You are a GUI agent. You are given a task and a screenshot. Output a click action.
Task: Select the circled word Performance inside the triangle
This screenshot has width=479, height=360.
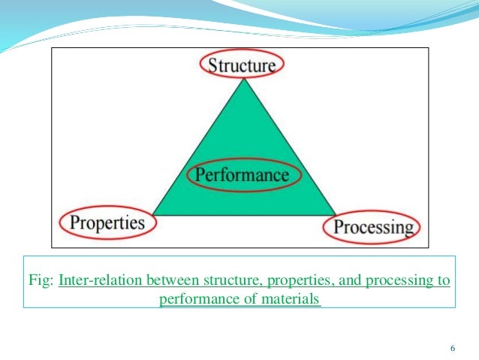click(242, 175)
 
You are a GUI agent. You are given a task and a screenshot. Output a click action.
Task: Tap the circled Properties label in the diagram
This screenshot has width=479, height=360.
click(107, 223)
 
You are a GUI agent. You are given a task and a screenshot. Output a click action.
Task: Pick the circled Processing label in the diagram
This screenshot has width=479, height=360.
click(373, 226)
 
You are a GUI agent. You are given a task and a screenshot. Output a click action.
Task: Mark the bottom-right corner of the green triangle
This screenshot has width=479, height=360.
click(335, 215)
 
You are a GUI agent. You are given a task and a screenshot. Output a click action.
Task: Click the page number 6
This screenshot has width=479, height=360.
click(452, 347)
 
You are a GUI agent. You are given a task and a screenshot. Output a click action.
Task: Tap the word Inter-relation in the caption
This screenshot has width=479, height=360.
click(92, 281)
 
